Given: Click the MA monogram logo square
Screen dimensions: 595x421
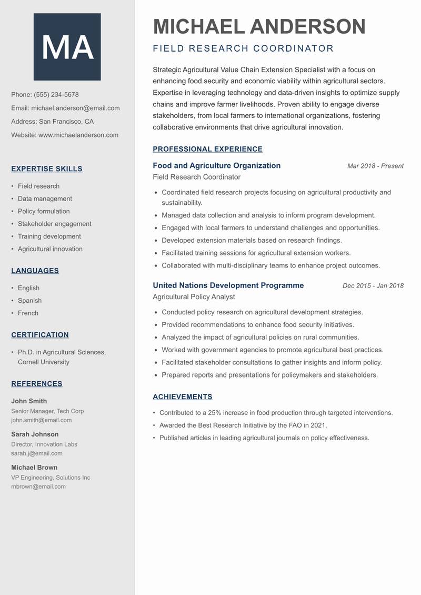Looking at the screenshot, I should (67, 47).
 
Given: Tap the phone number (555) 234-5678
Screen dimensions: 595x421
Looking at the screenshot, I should (56, 95).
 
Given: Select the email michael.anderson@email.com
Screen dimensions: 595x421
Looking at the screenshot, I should (75, 108).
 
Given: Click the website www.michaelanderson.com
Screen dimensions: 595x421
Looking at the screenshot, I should (78, 135).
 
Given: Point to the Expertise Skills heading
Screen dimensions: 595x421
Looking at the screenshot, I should (47, 169).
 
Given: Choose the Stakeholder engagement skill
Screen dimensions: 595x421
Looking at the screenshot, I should (54, 224).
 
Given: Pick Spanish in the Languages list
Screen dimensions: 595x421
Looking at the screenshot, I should (29, 301).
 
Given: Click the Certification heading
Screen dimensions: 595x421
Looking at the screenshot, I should (40, 335).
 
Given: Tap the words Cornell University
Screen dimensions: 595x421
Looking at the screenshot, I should (44, 362).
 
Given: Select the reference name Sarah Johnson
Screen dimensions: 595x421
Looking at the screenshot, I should (35, 434).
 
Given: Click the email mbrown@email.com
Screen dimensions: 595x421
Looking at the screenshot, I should (38, 487).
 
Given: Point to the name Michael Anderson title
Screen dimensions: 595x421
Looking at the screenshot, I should (259, 26).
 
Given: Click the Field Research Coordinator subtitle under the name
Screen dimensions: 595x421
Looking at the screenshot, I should (243, 49).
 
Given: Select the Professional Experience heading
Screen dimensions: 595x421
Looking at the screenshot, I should (207, 149).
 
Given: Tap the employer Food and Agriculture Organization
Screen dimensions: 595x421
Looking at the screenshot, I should (216, 166).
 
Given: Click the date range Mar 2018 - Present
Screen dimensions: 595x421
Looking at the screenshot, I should (375, 166).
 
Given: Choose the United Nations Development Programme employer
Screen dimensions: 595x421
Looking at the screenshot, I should (228, 285).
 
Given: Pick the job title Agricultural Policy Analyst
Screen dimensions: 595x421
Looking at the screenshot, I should (194, 297).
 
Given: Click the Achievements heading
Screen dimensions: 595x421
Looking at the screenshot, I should (182, 397).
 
